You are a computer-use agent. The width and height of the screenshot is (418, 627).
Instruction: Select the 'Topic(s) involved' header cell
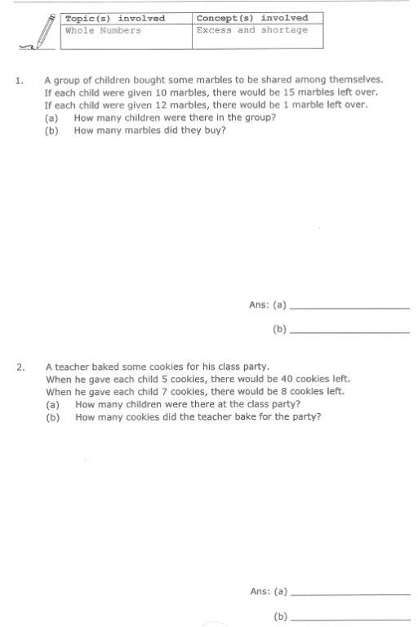pyautogui.click(x=115, y=18)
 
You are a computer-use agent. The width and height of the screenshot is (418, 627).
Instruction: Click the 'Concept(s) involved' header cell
pyautogui.click(x=252, y=18)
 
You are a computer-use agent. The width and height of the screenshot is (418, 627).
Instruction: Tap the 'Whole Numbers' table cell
pyautogui.click(x=103, y=30)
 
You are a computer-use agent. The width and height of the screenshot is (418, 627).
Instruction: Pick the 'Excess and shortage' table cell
pyautogui.click(x=252, y=30)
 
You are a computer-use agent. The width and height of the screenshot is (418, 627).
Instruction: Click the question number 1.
pyautogui.click(x=19, y=81)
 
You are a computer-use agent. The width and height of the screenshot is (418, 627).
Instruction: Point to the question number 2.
pyautogui.click(x=20, y=367)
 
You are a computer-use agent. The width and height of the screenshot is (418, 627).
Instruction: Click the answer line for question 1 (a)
pyautogui.click(x=349, y=308)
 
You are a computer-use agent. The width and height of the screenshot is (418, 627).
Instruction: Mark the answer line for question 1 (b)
pyautogui.click(x=349, y=332)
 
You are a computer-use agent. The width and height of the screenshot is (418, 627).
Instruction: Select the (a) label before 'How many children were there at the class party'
pyautogui.click(x=53, y=404)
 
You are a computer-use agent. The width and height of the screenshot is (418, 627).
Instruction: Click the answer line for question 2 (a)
pyautogui.click(x=349, y=594)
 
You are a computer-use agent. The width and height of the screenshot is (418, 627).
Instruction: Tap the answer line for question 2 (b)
pyautogui.click(x=349, y=618)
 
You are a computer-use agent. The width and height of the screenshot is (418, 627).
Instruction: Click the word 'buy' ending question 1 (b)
pyautogui.click(x=215, y=130)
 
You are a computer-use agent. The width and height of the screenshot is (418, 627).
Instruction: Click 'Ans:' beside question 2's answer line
pyautogui.click(x=260, y=591)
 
